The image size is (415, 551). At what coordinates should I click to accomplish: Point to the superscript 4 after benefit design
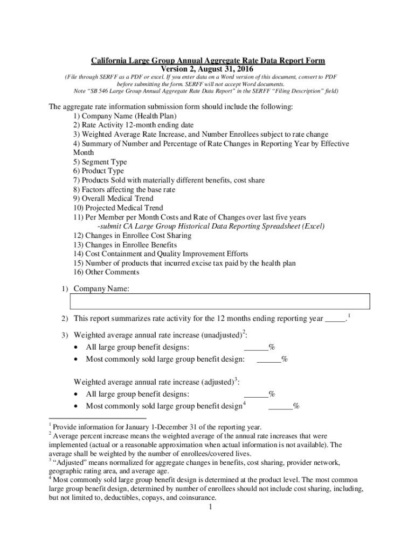245,403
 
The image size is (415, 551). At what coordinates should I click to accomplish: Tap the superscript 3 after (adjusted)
236,379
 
